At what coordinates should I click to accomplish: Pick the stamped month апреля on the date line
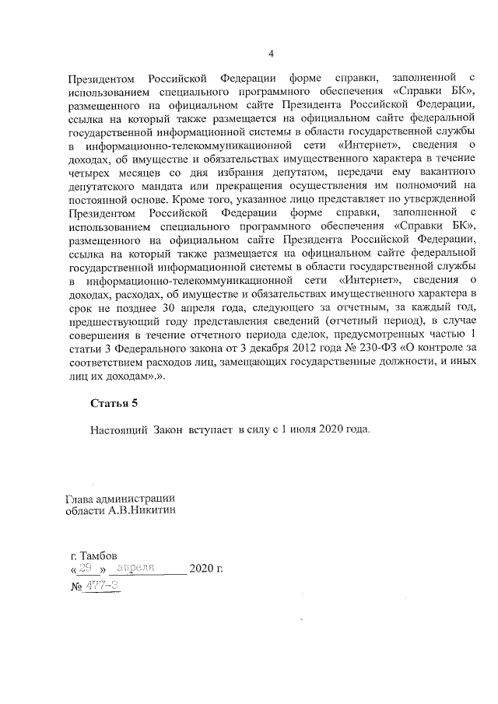click(138, 568)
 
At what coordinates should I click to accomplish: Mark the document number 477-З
click(103, 585)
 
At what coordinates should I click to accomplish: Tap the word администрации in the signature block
click(137, 498)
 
